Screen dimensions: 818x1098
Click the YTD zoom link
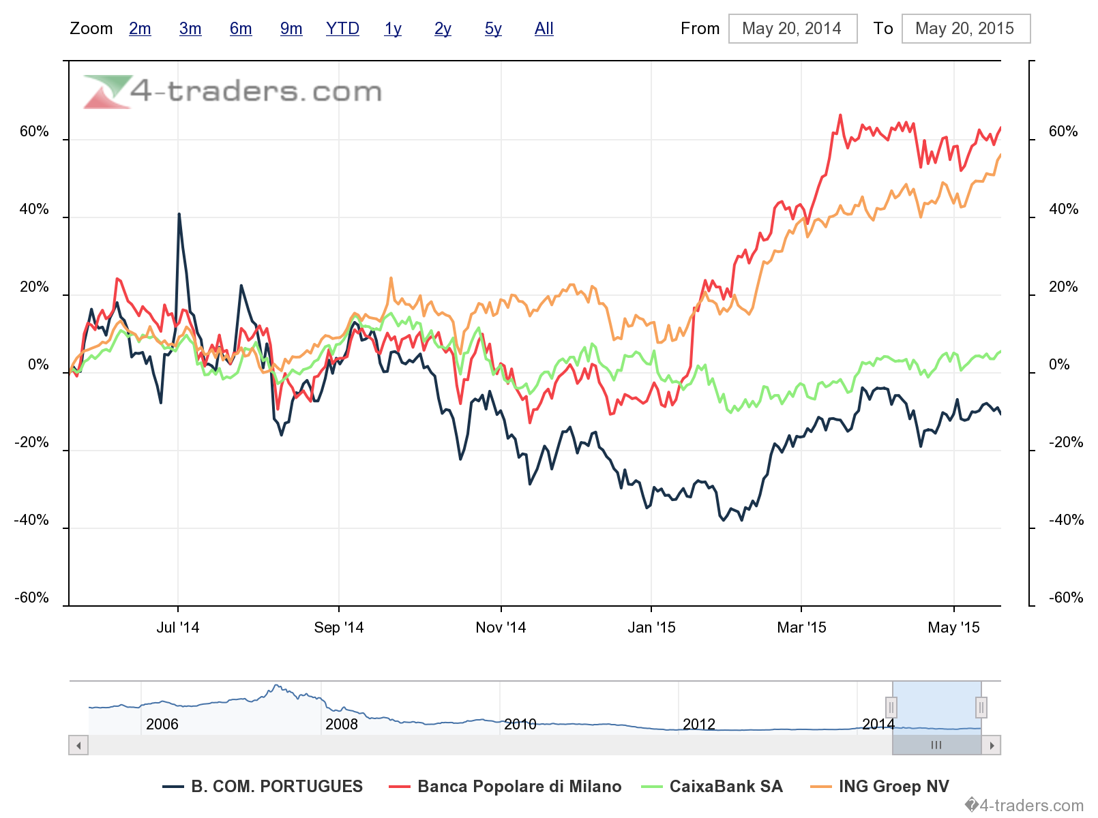click(x=342, y=29)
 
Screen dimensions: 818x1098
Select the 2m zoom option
click(x=140, y=29)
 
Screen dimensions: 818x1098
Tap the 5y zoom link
click(x=493, y=29)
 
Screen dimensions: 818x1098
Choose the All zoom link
click(x=544, y=29)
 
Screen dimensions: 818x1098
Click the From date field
click(x=792, y=29)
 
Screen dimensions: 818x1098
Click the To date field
click(x=965, y=29)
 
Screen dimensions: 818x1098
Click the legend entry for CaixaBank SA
click(x=726, y=787)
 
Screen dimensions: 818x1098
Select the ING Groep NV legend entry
click(x=893, y=787)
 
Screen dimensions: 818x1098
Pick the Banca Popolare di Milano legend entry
click(x=519, y=787)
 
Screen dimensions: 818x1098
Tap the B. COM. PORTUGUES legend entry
click(x=276, y=787)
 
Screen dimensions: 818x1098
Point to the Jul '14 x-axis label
click(x=178, y=628)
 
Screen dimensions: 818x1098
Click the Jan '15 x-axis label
click(x=651, y=628)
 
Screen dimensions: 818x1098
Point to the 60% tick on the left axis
click(x=34, y=132)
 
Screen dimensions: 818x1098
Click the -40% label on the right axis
click(x=1066, y=520)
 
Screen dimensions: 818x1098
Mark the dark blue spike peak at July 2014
click(x=179, y=214)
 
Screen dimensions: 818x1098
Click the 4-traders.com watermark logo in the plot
click(x=233, y=91)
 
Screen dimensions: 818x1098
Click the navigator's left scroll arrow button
click(x=79, y=745)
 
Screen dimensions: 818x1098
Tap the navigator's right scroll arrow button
click(x=991, y=745)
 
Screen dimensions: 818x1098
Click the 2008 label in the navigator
click(x=341, y=724)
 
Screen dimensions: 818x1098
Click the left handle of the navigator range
click(x=891, y=708)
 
